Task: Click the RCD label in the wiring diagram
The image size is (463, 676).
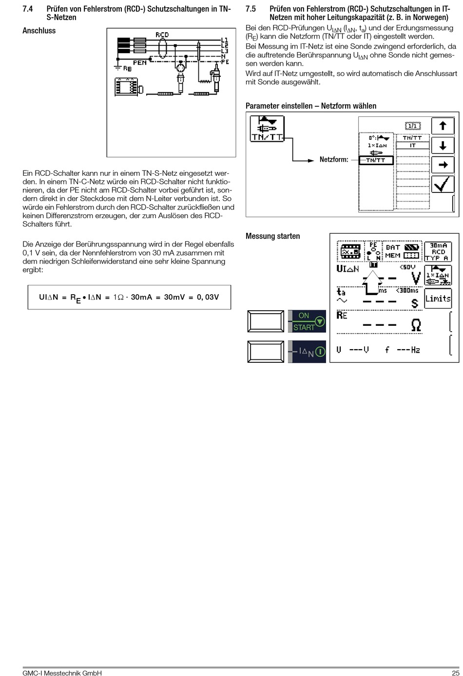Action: coord(162,35)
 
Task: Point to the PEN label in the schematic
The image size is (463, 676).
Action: coord(140,63)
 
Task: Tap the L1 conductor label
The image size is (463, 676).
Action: coord(225,40)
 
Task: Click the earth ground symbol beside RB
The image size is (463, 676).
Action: coord(117,66)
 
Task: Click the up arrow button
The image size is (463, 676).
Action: coord(443,126)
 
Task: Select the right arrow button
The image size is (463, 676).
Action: coord(443,165)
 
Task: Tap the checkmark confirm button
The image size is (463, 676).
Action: coord(443,185)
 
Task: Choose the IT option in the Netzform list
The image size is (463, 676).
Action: coord(412,146)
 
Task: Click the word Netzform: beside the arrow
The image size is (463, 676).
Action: coord(334,159)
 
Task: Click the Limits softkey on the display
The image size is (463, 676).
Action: coord(438,299)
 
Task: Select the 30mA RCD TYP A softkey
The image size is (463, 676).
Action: coord(438,252)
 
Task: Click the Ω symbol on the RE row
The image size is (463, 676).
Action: coord(416,325)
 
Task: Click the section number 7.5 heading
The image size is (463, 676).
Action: coord(251,9)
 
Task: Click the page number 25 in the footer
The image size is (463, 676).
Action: coord(455,673)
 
